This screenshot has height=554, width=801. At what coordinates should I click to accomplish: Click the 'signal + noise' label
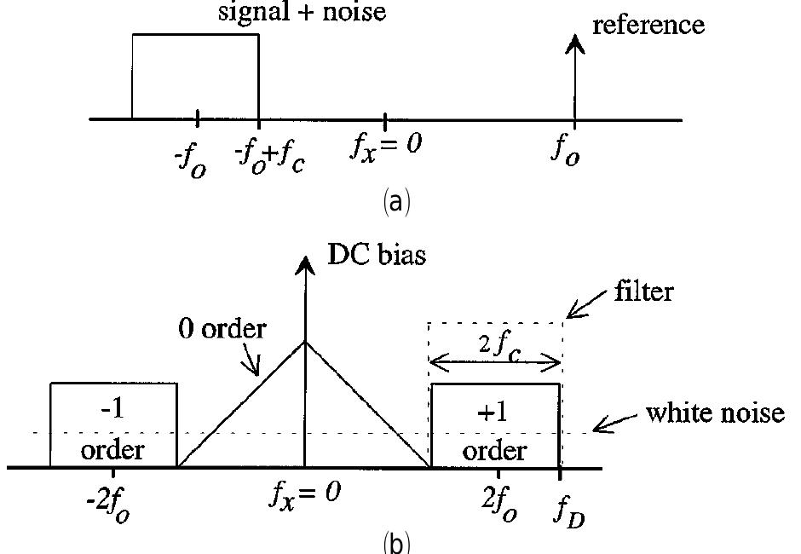[313, 11]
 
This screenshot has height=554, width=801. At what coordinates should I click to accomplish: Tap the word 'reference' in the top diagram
[648, 25]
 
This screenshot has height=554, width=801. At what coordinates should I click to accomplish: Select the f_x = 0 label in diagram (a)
[387, 146]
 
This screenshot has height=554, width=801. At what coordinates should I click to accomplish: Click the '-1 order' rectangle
[113, 425]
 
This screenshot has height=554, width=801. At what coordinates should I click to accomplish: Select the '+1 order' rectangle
[495, 425]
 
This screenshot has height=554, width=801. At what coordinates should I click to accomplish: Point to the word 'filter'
[643, 291]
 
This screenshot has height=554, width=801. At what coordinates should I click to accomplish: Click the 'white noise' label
[714, 413]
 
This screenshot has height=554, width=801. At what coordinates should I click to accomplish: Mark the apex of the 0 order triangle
[305, 341]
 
